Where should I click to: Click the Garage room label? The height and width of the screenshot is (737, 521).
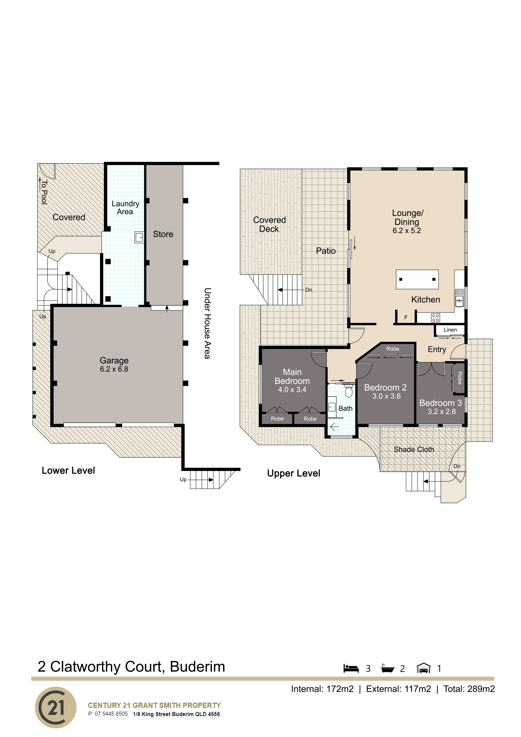(x=114, y=360)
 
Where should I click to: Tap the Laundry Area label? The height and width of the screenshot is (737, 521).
(x=125, y=208)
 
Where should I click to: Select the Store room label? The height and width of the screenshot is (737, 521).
(x=163, y=234)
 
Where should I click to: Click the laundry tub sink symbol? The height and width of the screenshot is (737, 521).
(x=139, y=237)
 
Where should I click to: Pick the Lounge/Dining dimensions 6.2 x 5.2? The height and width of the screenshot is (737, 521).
(x=407, y=230)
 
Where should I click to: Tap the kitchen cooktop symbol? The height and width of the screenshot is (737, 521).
(x=435, y=318)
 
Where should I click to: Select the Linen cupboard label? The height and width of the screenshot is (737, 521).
(x=450, y=330)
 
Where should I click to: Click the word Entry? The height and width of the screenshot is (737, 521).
(x=437, y=350)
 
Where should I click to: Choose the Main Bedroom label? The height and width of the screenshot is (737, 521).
(x=292, y=377)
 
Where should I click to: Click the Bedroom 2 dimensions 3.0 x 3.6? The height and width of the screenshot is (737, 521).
(x=386, y=396)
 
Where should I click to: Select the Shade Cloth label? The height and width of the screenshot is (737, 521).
(x=414, y=449)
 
